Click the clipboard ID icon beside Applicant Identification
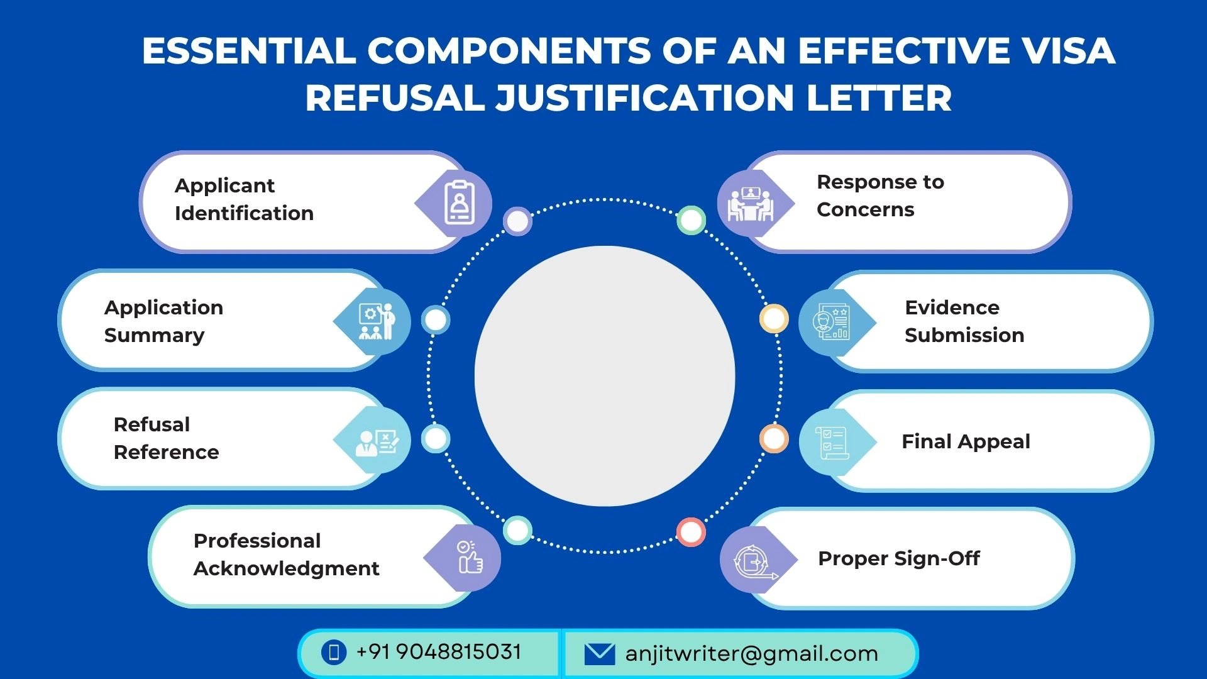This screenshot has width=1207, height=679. tap(459, 203)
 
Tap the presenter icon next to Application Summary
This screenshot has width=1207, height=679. tap(377, 321)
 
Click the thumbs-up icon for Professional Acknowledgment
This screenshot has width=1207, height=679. tap(469, 557)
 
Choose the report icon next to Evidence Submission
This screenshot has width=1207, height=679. tap(830, 323)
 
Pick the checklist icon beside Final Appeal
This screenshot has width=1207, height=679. tap(831, 441)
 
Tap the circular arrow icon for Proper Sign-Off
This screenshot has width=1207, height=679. tap(753, 560)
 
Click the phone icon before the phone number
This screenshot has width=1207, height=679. tap(334, 652)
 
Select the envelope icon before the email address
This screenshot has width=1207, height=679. tap(600, 654)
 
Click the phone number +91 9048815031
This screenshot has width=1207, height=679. tap(439, 652)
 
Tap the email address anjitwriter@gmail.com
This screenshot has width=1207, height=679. tap(751, 654)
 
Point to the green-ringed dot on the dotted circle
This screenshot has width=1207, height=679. tap(691, 220)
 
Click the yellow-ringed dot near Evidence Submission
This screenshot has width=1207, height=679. tap(774, 319)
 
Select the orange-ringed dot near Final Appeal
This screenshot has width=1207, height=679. tap(774, 438)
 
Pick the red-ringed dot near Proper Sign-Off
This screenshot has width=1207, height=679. tap(691, 532)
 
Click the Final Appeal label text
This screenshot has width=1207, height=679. tap(966, 441)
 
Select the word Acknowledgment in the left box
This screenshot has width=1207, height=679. tap(286, 568)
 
